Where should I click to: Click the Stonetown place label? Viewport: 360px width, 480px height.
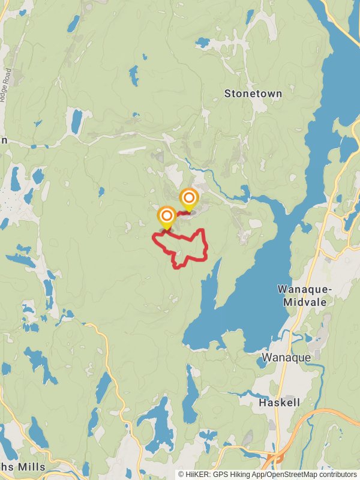(253, 94)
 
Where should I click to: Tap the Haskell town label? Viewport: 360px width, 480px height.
(279, 403)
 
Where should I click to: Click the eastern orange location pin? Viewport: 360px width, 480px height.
(189, 199)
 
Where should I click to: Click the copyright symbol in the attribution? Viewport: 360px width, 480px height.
(181, 475)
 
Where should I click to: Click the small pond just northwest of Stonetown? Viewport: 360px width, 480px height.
(202, 43)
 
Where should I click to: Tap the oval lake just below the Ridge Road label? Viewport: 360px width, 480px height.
(76, 121)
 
